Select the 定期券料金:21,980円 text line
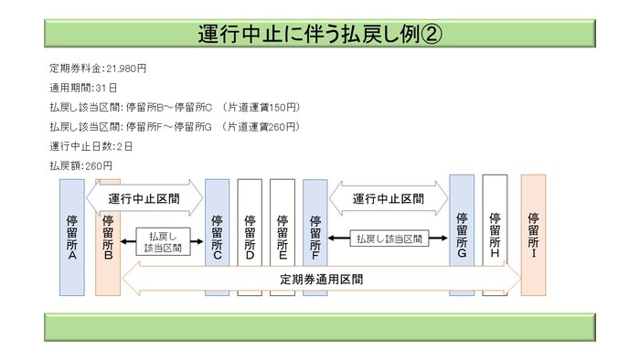coord(97,69)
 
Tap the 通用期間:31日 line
coord(83,89)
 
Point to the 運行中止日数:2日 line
coord(91,146)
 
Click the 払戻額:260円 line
coord(81,166)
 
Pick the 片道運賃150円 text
coord(261,108)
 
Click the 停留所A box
coord(71,237)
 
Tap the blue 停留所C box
coord(217,237)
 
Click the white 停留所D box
coord(250,237)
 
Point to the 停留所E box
coord(283,237)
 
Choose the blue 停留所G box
coord(462,237)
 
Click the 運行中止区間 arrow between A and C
coord(144,197)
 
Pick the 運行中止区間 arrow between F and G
coord(388,197)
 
